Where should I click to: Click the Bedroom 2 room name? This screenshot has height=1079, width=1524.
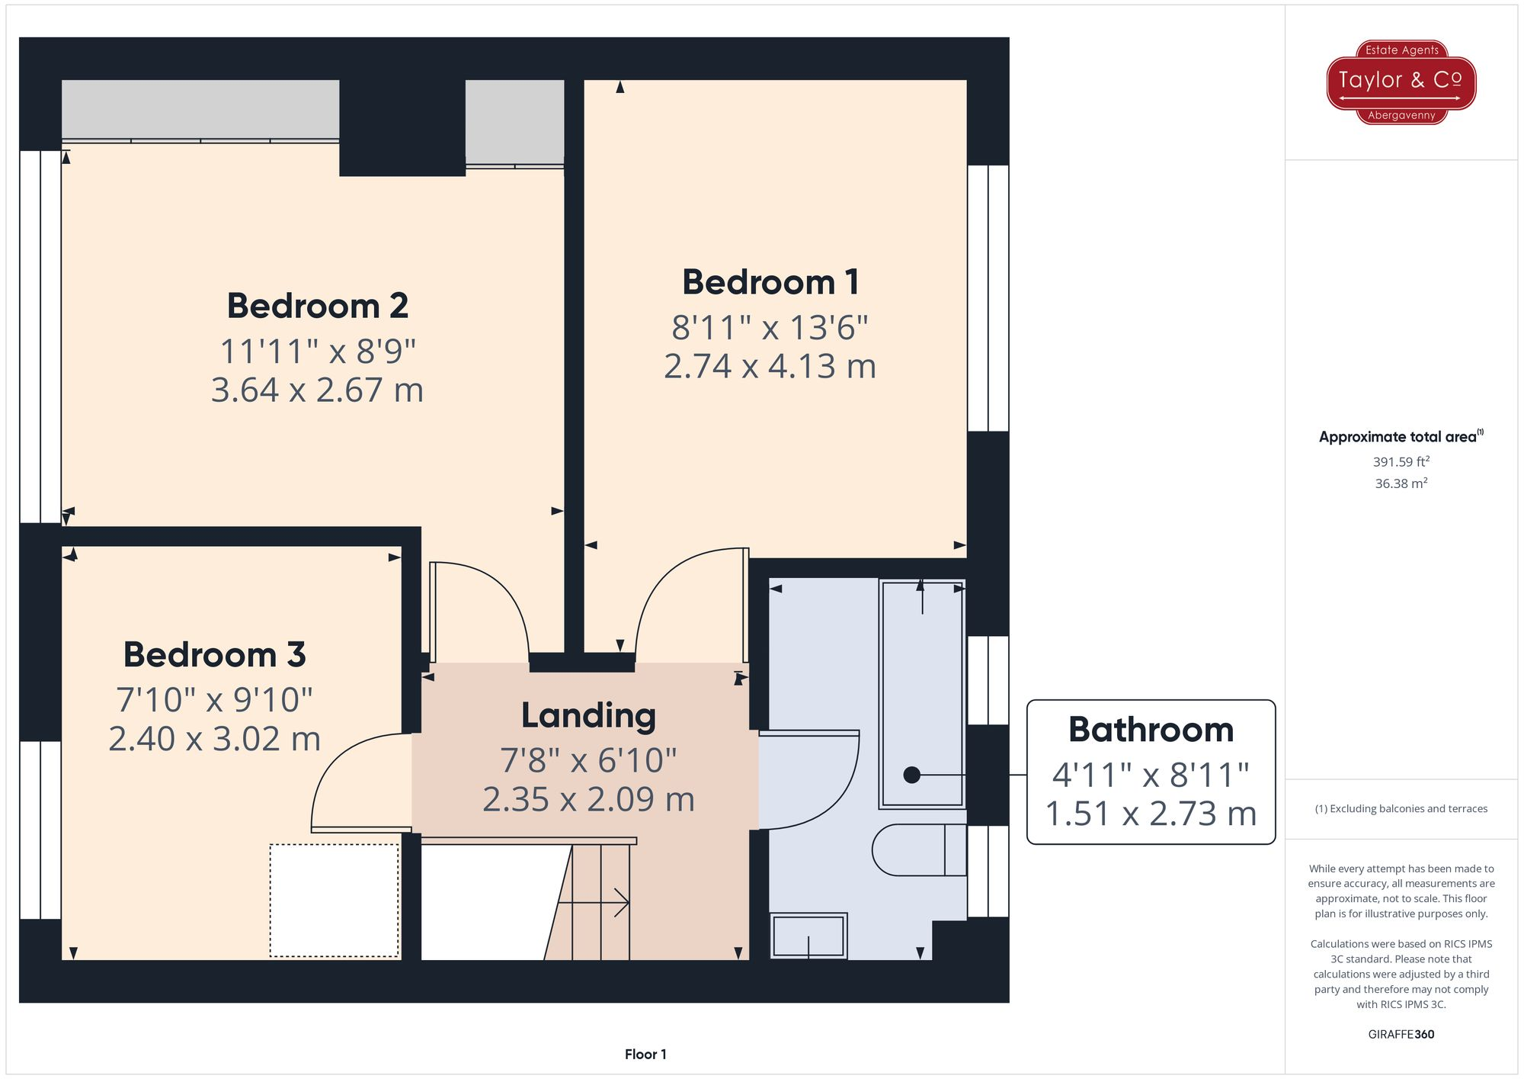318,306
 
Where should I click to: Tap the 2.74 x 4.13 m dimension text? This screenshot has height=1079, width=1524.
770,367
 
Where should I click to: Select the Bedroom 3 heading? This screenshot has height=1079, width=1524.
214,654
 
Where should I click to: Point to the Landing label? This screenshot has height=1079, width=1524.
588,715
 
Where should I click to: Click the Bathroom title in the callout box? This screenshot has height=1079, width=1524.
1151,730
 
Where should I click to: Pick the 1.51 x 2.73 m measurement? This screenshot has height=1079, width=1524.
1151,814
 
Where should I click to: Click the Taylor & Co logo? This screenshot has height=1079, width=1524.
1401,82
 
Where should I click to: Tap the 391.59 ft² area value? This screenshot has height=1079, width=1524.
1401,461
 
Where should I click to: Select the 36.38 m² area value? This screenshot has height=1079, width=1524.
1401,483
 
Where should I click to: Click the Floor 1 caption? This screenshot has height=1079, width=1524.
645,1054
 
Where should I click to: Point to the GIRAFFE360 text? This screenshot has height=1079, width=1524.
1401,1034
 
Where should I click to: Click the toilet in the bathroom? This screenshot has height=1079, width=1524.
918,849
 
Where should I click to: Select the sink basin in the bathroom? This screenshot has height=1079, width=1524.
808,936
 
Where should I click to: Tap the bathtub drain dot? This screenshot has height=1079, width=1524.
911,775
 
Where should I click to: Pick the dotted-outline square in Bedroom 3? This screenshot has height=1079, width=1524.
334,900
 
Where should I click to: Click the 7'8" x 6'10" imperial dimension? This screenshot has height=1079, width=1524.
588,760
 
